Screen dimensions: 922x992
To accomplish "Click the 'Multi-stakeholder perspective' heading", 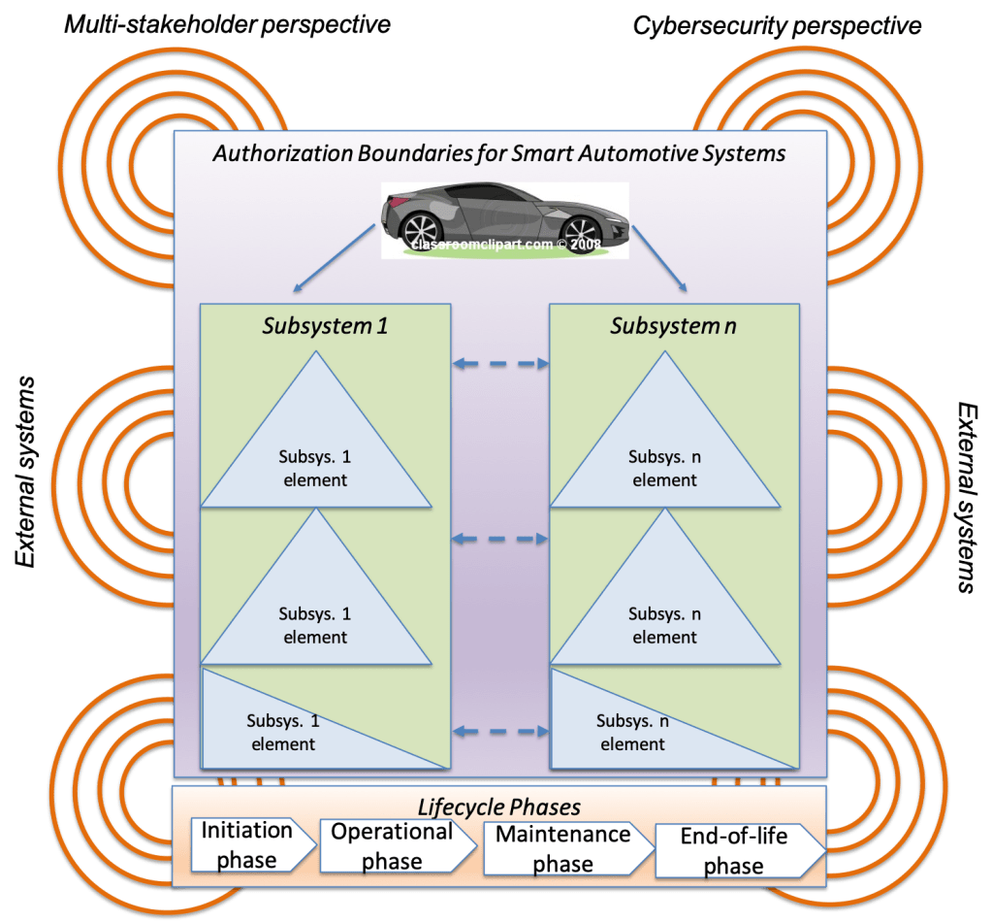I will [x=227, y=23].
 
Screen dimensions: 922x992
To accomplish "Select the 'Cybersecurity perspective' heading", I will [x=776, y=25].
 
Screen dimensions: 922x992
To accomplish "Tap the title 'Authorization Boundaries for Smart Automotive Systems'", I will [x=499, y=153].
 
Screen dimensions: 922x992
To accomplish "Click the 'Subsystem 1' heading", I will [x=325, y=326].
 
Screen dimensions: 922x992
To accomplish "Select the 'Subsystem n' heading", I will [x=673, y=326].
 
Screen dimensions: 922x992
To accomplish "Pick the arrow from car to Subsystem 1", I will [x=333, y=258].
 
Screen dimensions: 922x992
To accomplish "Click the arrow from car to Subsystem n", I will [x=659, y=258].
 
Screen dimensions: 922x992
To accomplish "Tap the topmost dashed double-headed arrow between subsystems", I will [x=500, y=364].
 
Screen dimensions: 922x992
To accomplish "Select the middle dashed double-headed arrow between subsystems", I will [x=500, y=539].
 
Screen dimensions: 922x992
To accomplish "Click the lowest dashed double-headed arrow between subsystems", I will [x=500, y=731].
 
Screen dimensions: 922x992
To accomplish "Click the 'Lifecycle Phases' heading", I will [x=498, y=807].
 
